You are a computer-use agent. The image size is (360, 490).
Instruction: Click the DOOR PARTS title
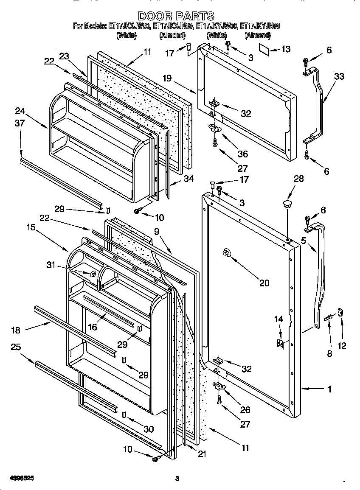click(176, 16)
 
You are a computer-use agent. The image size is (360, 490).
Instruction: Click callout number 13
click(286, 50)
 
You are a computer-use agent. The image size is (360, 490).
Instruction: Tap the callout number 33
click(339, 76)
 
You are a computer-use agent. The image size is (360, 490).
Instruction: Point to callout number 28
click(299, 179)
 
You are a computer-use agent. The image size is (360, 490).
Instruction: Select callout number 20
click(264, 283)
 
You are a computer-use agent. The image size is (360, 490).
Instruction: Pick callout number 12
click(342, 346)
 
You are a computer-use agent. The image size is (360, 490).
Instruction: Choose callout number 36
click(242, 154)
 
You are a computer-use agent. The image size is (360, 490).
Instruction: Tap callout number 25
click(16, 347)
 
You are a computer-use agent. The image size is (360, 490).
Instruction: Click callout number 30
click(149, 429)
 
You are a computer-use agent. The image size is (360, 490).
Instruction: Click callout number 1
click(329, 389)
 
